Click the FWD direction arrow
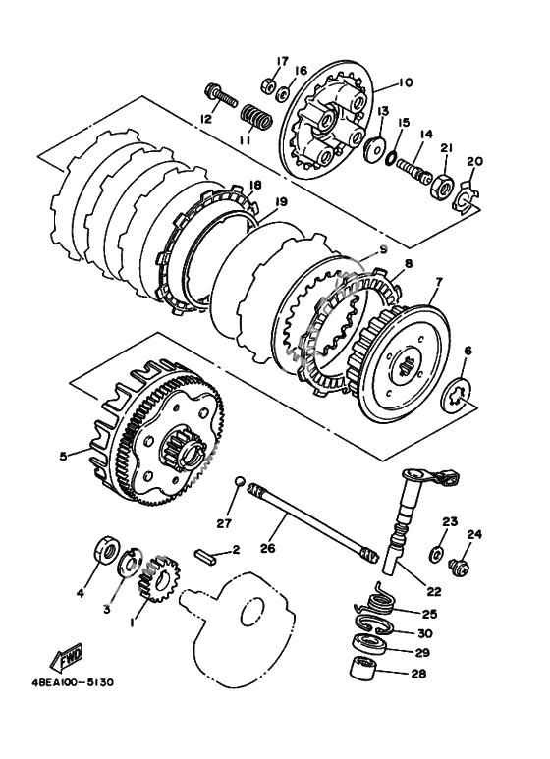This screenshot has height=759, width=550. [67, 657]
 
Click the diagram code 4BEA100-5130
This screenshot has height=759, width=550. [73, 682]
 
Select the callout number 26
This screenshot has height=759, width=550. [268, 548]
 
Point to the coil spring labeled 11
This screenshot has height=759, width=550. [256, 117]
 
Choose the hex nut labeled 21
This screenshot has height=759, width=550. [442, 185]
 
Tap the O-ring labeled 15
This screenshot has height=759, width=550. [391, 158]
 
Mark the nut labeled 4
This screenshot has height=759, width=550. [105, 551]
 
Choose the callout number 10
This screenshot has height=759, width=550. [406, 82]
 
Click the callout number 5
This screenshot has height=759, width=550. [63, 456]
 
